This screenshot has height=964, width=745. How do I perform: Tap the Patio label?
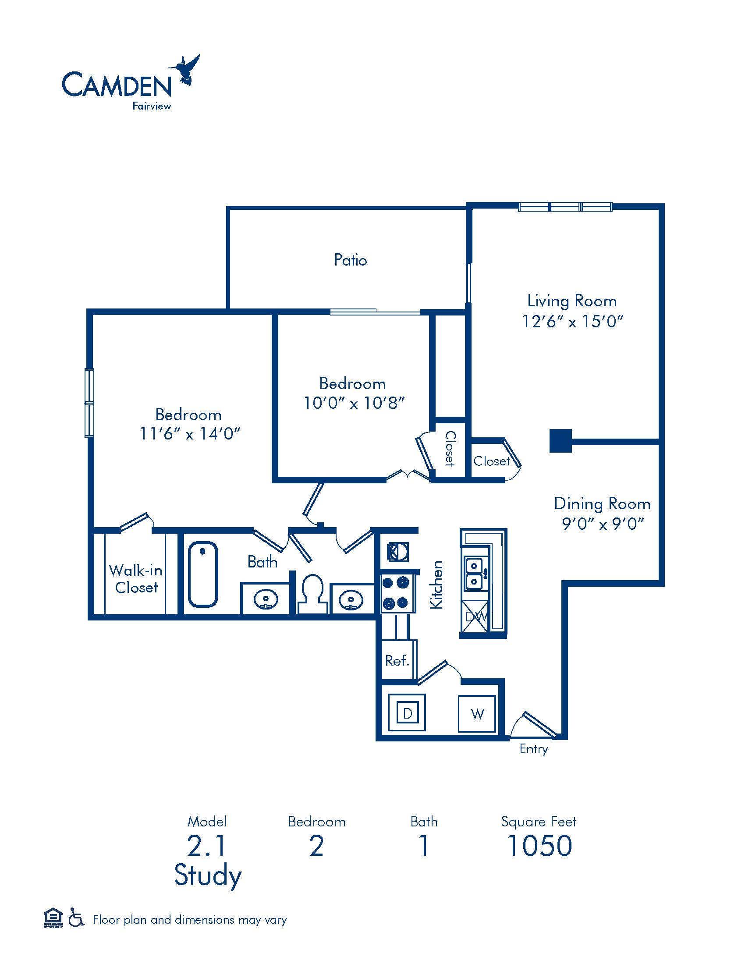(x=351, y=260)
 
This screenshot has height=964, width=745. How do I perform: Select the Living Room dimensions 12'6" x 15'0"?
(x=572, y=321)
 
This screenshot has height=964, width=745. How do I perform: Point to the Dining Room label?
(x=602, y=503)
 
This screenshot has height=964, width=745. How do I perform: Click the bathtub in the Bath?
(x=203, y=574)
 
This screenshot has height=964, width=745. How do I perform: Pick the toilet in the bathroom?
(x=312, y=593)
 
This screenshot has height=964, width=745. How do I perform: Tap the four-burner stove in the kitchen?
(x=397, y=593)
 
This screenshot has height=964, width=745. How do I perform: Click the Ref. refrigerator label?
(x=397, y=660)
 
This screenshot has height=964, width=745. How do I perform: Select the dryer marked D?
(x=407, y=713)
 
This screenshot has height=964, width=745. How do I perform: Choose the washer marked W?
(x=477, y=714)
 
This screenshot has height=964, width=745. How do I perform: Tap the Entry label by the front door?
(x=534, y=749)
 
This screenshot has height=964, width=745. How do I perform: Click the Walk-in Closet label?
(x=136, y=579)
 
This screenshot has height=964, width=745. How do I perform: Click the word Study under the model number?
(x=208, y=875)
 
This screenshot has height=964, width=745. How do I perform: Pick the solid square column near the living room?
(x=561, y=440)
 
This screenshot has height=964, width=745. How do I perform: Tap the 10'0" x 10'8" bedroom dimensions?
(x=354, y=403)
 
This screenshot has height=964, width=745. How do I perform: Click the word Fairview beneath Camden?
(x=151, y=106)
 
